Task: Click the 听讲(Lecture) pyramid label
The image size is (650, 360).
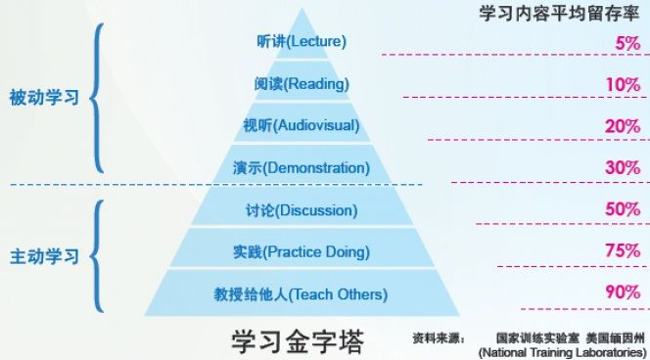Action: (x=300, y=42)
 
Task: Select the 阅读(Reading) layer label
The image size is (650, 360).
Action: (x=302, y=83)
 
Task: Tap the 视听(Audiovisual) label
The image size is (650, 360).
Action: (x=302, y=125)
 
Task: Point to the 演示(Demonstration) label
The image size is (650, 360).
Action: (x=302, y=167)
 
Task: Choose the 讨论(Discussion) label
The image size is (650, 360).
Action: (x=302, y=210)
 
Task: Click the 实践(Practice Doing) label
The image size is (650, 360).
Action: (x=302, y=252)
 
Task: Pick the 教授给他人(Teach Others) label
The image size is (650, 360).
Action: (x=302, y=293)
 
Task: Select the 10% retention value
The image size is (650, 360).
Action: (x=623, y=85)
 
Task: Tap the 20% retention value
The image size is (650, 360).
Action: (x=623, y=126)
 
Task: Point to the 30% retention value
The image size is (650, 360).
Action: (x=623, y=167)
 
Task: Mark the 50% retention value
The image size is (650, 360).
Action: (x=623, y=209)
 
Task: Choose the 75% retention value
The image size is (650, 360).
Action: (x=623, y=251)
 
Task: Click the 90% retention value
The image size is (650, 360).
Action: (x=623, y=292)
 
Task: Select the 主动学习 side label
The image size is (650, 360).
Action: (x=43, y=257)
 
